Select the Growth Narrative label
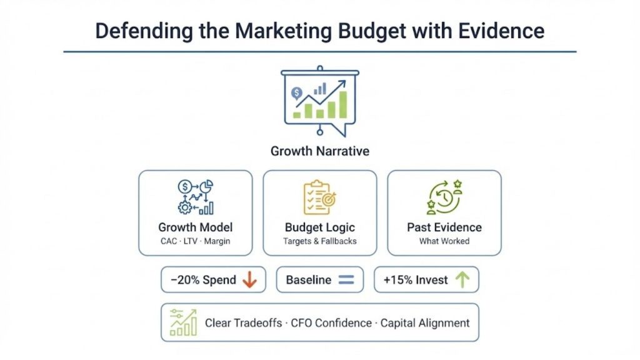coord(319,151)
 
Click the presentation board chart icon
coord(319,100)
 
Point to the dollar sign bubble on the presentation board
coord(296,93)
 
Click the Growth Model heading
coord(195,227)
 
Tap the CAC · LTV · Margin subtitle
coord(195,241)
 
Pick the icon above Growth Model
coord(195,197)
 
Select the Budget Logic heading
coord(319,227)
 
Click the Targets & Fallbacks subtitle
coord(319,241)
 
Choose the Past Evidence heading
coord(444,227)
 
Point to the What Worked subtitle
coord(444,241)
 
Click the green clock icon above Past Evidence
coord(444,197)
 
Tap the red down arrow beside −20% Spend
coord(249,280)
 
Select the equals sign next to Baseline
coord(346,280)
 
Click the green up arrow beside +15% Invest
coord(462,280)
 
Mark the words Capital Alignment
coord(425,323)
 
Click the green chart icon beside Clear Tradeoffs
coord(183,322)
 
